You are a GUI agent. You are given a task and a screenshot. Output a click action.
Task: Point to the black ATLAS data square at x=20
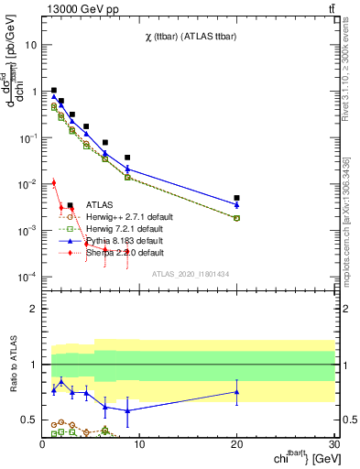tap(236, 198)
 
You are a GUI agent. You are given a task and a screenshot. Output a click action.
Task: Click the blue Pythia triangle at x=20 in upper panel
tap(236, 204)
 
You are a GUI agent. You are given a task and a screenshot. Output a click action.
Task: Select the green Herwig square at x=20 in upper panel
tap(236, 218)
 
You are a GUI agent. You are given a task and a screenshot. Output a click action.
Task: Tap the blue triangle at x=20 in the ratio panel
tap(236, 392)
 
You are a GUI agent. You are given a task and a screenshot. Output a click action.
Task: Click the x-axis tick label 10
tap(139, 443)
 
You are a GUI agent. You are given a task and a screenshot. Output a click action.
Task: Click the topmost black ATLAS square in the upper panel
tap(54, 91)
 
